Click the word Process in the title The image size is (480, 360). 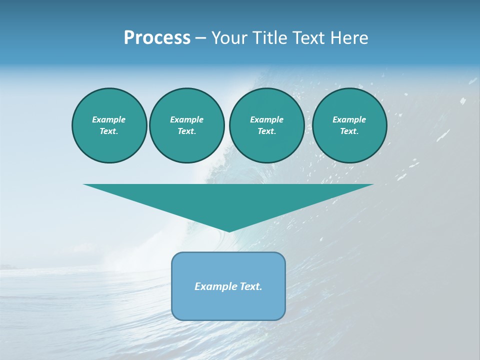(x=157, y=38)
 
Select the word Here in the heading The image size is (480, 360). (x=349, y=38)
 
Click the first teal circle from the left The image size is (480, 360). (x=109, y=125)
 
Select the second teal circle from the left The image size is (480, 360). (x=187, y=125)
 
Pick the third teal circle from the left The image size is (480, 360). (x=266, y=125)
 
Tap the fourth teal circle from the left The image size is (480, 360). (x=349, y=125)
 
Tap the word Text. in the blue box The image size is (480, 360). (x=250, y=286)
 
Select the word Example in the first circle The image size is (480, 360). (x=109, y=119)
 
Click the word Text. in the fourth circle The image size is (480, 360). (x=349, y=131)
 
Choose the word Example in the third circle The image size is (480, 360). (x=266, y=119)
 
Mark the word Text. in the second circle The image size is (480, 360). (x=187, y=131)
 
